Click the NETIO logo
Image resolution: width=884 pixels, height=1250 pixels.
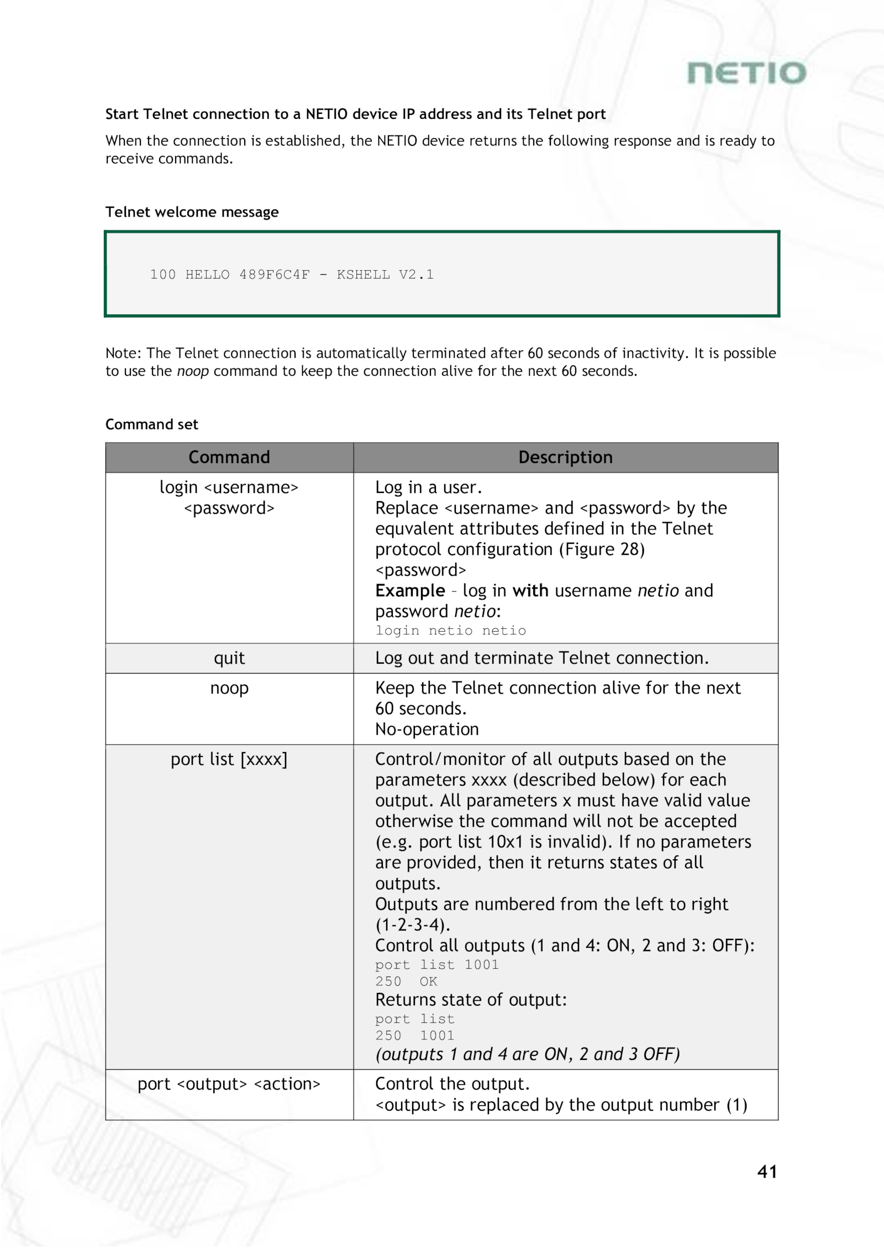coord(746,73)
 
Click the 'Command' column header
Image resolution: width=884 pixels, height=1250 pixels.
coord(229,458)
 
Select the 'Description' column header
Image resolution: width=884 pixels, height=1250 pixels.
coord(565,458)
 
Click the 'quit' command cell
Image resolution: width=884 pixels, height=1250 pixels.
coord(229,658)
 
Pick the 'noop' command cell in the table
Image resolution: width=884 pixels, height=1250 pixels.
coord(229,689)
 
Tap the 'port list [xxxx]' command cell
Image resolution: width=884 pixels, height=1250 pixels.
coord(229,760)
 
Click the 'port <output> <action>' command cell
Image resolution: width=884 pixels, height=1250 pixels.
coord(229,1084)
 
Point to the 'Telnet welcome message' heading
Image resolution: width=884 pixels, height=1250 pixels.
coord(192,212)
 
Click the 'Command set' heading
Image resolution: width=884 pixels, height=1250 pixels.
coord(151,424)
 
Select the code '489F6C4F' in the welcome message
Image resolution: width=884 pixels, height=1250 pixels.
coord(274,275)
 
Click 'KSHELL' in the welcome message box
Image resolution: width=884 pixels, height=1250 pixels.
coord(363,275)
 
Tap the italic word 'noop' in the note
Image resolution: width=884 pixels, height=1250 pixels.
coord(193,371)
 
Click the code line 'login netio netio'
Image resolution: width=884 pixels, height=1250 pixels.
coord(450,631)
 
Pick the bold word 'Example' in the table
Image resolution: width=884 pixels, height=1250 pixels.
coord(410,591)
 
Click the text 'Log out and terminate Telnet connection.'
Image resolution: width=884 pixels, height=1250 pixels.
coord(541,658)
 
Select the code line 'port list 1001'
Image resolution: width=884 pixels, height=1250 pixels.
coord(436,965)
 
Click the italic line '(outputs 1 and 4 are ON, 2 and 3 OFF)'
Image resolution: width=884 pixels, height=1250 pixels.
coord(527,1054)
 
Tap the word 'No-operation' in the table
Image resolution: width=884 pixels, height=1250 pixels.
coord(427,729)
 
